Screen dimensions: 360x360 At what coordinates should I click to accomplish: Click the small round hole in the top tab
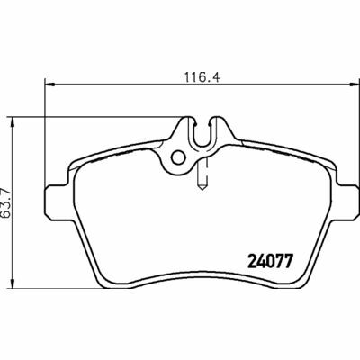tap(179, 158)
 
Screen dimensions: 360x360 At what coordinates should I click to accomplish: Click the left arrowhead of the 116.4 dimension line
tap(47, 86)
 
